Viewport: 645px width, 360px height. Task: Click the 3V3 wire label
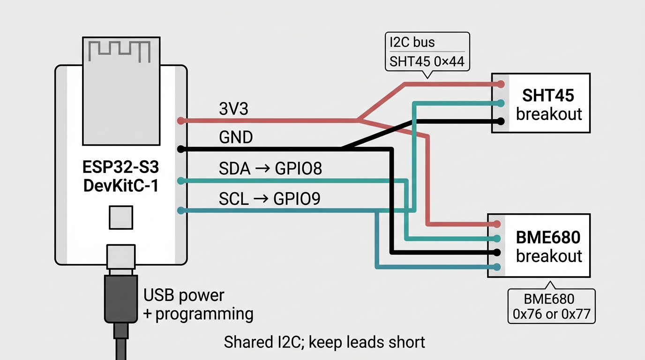(233, 109)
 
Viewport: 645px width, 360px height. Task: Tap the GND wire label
(236, 137)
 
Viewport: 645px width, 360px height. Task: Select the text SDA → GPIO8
(270, 168)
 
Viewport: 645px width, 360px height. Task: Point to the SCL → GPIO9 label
(270, 199)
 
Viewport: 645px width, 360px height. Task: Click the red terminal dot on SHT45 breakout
(501, 84)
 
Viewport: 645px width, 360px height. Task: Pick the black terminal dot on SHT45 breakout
(501, 121)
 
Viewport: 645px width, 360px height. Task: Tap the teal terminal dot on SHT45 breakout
(501, 103)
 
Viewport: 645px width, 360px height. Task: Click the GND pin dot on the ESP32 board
(181, 150)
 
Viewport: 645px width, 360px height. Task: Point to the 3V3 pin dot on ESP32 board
(181, 121)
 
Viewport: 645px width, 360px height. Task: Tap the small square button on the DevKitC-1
(120, 217)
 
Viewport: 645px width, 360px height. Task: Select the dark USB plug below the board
(121, 298)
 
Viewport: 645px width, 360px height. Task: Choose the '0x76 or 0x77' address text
(551, 314)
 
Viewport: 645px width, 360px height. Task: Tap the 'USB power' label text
(184, 295)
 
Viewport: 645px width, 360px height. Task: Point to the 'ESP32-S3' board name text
(120, 167)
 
